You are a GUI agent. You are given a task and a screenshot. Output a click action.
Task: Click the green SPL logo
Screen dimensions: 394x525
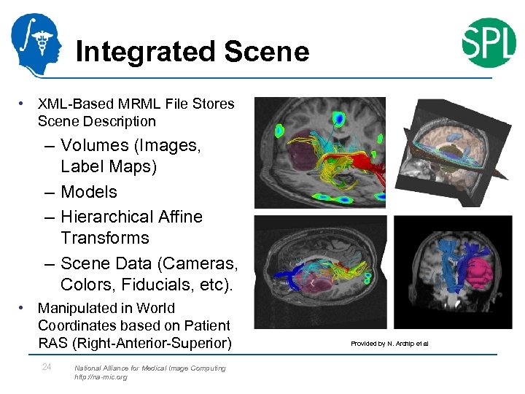(489, 42)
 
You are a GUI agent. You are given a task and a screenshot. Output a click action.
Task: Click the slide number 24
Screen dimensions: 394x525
(47, 367)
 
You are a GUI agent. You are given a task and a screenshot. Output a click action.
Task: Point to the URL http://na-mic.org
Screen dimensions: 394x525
(101, 377)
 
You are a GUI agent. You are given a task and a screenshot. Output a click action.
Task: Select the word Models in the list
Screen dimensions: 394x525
(89, 192)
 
